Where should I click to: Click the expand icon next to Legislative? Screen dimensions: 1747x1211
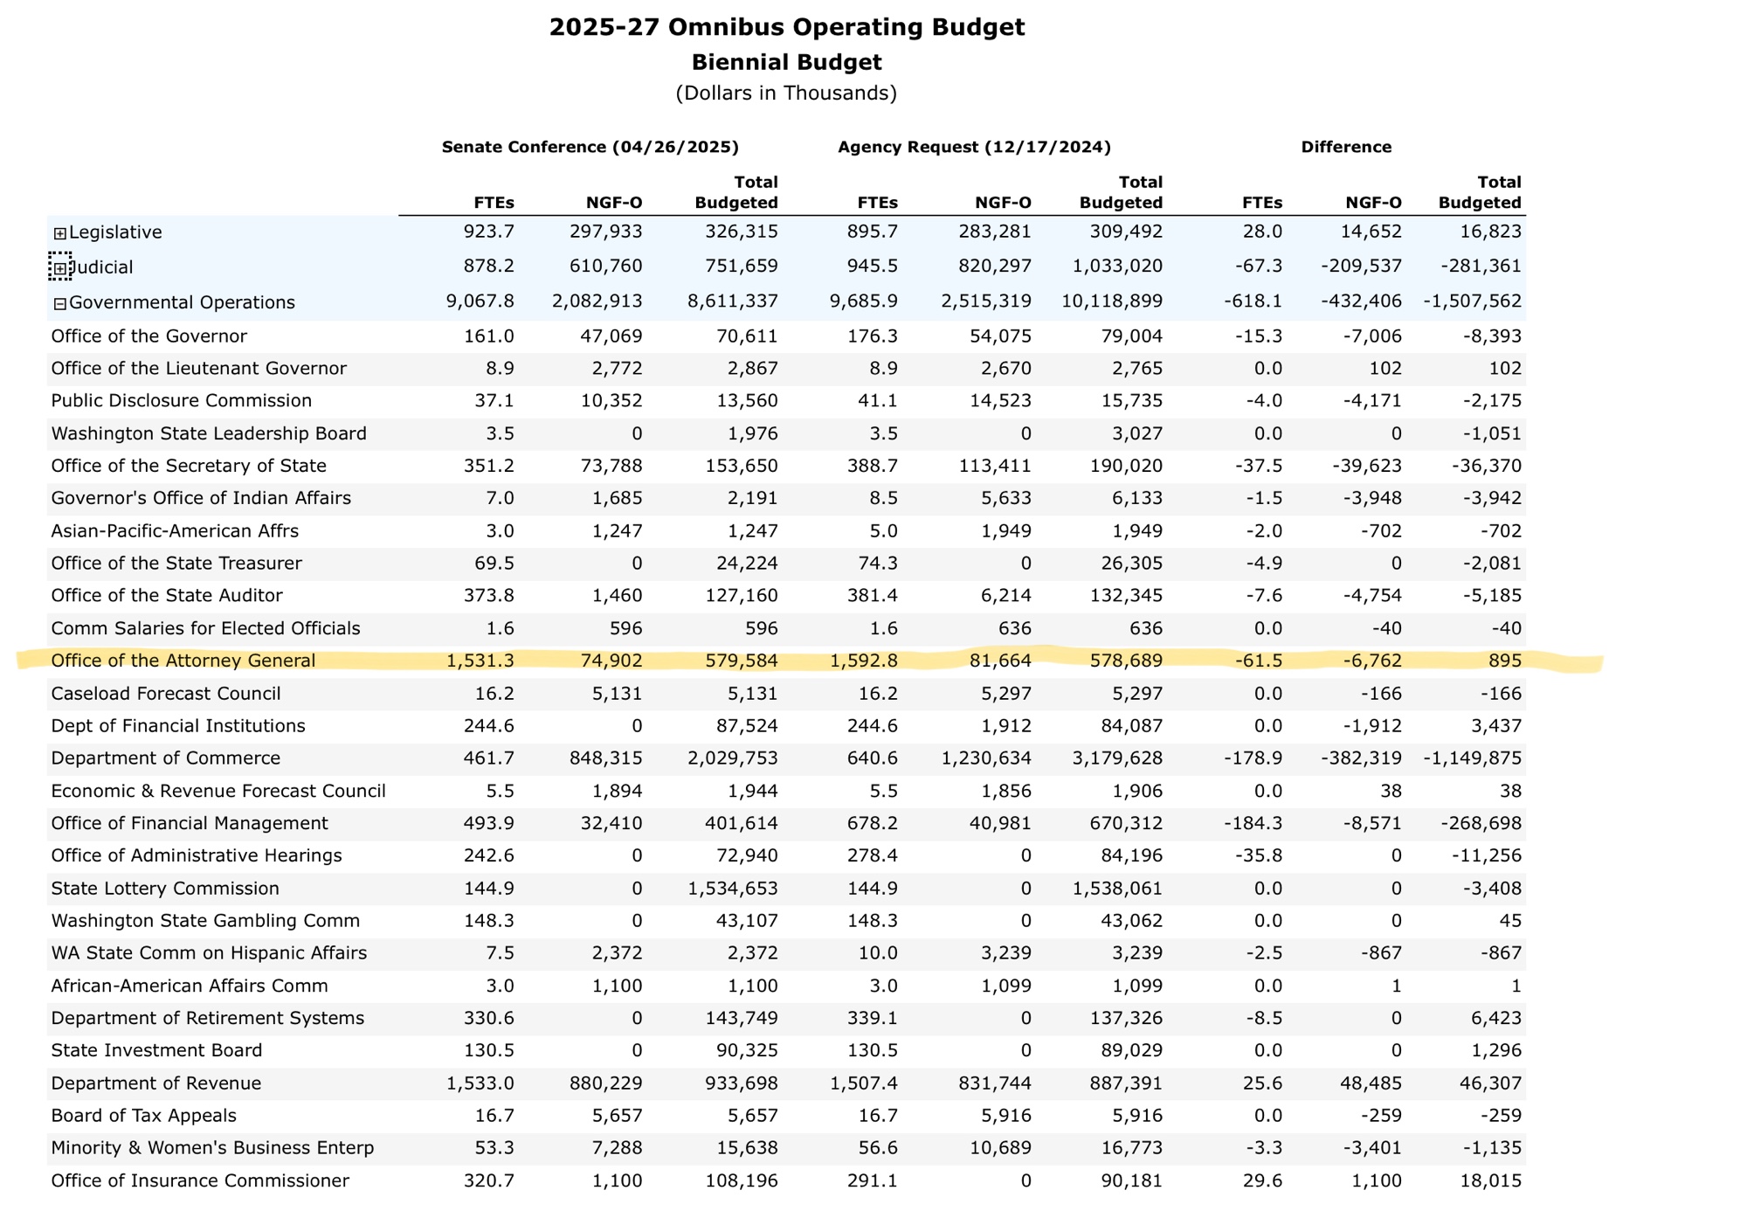(x=59, y=233)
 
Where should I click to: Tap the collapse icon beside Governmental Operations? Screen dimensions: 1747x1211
(x=59, y=304)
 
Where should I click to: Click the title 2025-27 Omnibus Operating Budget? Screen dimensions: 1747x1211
(x=787, y=27)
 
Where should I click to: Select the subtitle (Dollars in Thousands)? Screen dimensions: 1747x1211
(x=786, y=93)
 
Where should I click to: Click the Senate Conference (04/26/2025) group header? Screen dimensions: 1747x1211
(x=590, y=147)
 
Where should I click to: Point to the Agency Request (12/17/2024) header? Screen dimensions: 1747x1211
(x=975, y=147)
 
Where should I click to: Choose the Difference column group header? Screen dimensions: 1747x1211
(x=1346, y=147)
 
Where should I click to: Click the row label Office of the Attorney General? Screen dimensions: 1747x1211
(x=183, y=661)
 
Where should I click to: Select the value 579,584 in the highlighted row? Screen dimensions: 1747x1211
(x=742, y=661)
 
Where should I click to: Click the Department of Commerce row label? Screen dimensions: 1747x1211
(x=166, y=758)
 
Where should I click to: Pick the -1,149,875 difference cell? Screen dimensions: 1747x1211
(x=1473, y=758)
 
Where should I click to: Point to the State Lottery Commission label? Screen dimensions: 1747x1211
(x=165, y=889)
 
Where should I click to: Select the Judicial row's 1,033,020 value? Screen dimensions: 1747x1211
(x=1113, y=266)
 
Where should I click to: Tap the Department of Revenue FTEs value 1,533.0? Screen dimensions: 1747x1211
(x=480, y=1083)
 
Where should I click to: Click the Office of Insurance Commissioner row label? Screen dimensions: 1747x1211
(x=200, y=1181)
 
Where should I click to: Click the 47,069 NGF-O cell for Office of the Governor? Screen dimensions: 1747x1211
(x=613, y=336)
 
